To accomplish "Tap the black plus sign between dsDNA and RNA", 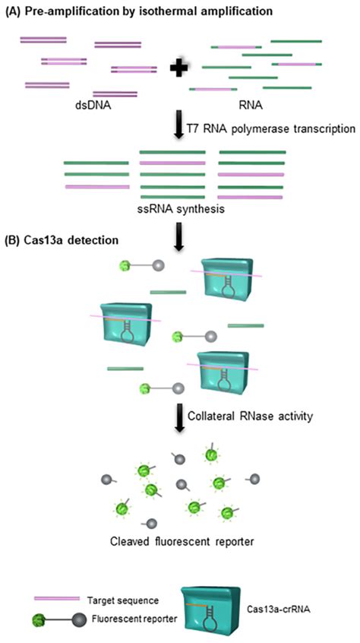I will [x=179, y=68].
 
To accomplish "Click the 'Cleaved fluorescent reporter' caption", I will [x=177, y=543].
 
